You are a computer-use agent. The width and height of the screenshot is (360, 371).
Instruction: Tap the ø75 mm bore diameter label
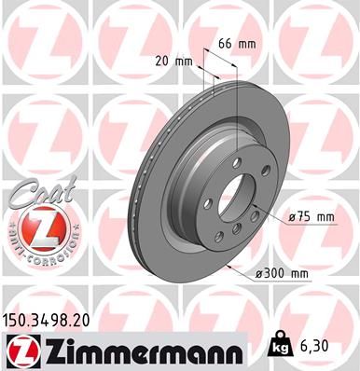click(x=310, y=216)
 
